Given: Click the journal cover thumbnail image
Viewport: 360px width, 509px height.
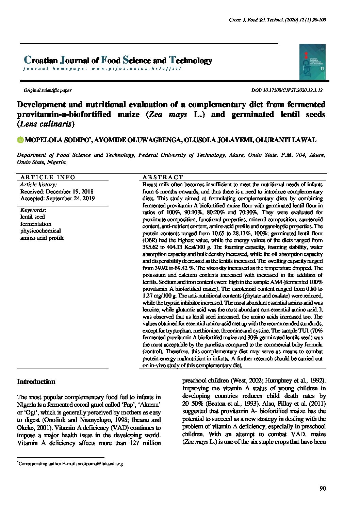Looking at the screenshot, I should [312, 62].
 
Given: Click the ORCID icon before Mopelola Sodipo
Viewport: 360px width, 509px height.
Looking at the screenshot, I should [20, 140].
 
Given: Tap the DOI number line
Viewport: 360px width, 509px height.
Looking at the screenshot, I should [287, 90].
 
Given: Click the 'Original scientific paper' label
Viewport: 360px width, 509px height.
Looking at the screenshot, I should [47, 90].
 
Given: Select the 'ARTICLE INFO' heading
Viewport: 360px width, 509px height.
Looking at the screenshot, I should [48, 177].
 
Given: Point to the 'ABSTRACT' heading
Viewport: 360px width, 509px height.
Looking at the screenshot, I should [163, 177].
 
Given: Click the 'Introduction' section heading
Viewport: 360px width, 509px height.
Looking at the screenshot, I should [36, 381].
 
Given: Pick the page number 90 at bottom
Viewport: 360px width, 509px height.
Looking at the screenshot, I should [323, 489].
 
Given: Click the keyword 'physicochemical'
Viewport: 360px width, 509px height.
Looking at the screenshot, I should [40, 231].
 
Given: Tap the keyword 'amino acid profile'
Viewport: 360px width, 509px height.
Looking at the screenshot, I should [42, 238].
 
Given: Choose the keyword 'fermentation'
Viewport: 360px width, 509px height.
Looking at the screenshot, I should [36, 224].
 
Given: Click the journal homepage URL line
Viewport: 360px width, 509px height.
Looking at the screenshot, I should [102, 68].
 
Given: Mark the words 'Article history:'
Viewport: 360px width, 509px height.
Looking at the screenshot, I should [38, 185].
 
